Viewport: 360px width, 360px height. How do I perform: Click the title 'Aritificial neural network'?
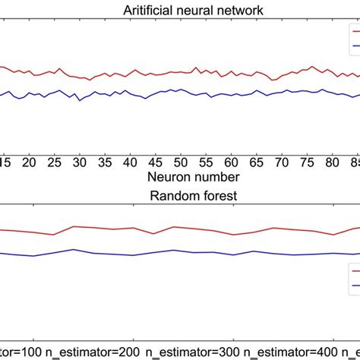pos(179,9)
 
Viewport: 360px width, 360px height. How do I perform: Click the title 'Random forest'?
pos(179,194)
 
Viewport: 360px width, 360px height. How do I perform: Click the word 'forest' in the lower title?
pos(201,194)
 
